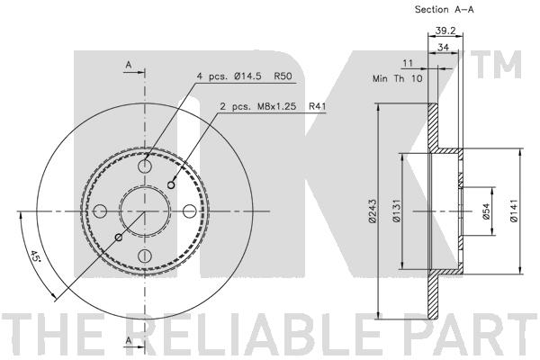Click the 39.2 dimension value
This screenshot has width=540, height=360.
tap(445, 31)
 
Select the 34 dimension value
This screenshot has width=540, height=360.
tap(443, 47)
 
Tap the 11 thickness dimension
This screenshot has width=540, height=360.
tap(408, 63)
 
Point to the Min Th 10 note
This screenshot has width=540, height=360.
tap(397, 78)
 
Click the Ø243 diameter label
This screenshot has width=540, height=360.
tap(372, 211)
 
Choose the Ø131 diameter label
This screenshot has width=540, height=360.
tap(397, 211)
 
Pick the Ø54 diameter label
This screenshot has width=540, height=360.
tap(486, 211)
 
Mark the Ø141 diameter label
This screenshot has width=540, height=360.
tap(514, 211)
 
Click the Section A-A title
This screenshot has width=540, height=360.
tap(445, 9)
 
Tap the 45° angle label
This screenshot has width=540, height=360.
tap(34, 256)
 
